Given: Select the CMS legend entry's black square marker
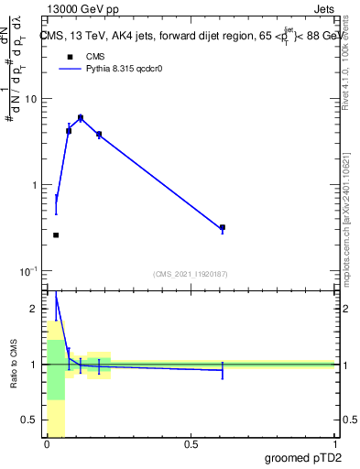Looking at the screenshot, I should click(68, 57).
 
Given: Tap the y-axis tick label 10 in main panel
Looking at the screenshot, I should click(30, 99).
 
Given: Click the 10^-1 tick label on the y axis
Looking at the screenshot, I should click(28, 271).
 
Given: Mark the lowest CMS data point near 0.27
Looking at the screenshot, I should click(56, 235).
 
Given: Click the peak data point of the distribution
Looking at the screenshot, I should click(81, 118).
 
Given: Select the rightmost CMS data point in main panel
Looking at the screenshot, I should click(223, 227).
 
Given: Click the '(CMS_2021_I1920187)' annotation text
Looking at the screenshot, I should click(191, 273).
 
